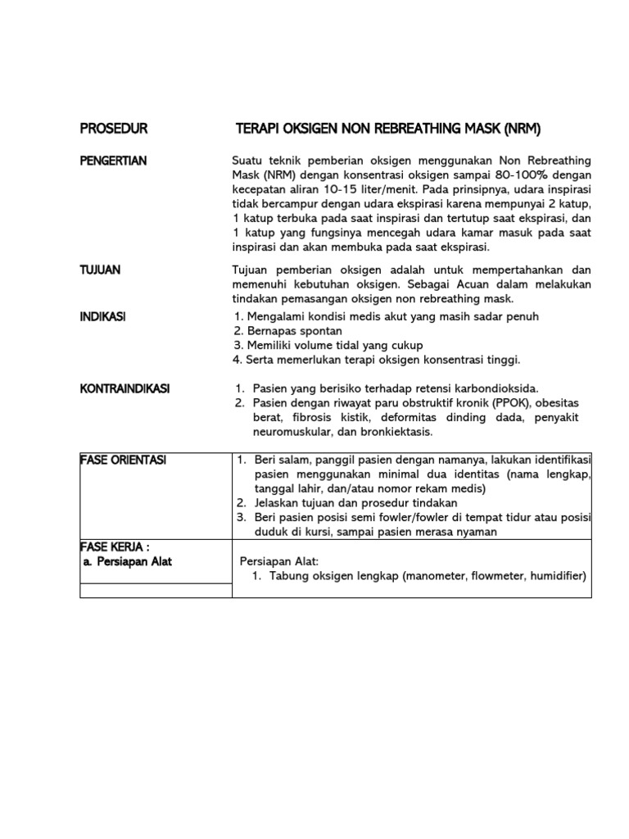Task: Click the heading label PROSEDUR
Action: tap(114, 129)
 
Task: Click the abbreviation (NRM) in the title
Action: tap(523, 129)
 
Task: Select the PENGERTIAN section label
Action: tap(114, 161)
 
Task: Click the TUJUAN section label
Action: tap(100, 270)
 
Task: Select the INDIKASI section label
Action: tap(103, 316)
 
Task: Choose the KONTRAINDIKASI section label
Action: tap(124, 388)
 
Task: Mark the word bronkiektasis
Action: tap(393, 432)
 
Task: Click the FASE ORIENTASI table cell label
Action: tap(123, 460)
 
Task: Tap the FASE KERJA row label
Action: tap(115, 547)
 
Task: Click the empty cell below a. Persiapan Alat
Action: tap(156, 590)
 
